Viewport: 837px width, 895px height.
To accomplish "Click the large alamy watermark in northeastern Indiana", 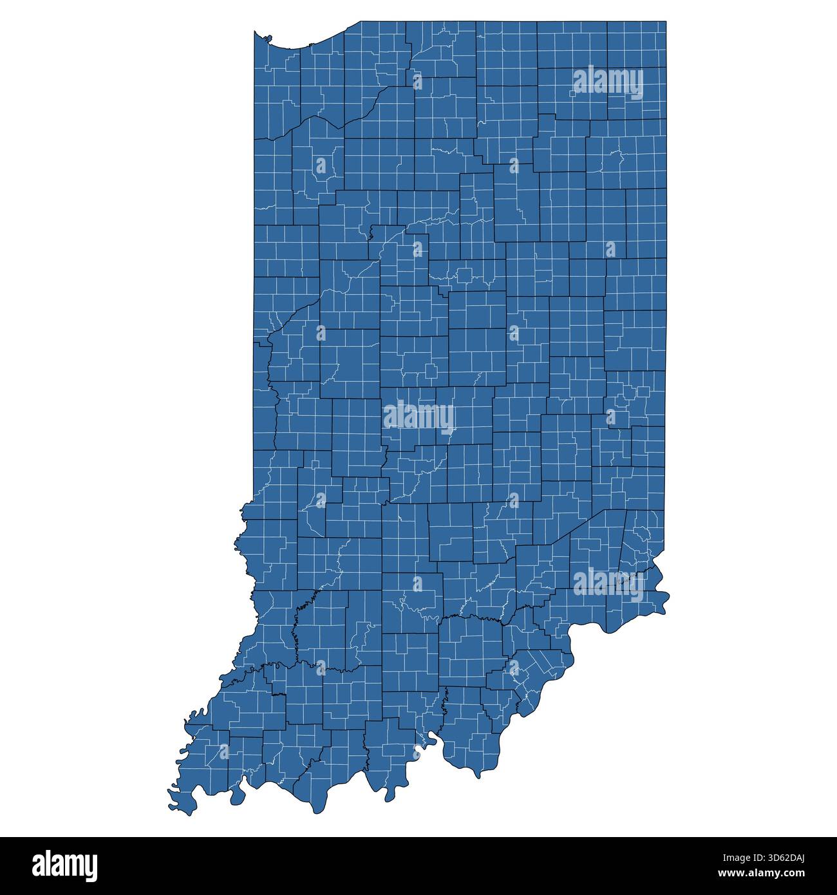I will pyautogui.click(x=607, y=82).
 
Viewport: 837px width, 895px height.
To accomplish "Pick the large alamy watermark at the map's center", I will pyautogui.click(x=418, y=418).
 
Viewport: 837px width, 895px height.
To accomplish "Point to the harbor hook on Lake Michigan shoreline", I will pyautogui.click(x=265, y=39).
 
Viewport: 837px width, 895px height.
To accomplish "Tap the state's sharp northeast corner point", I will pyautogui.click(x=666, y=21).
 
